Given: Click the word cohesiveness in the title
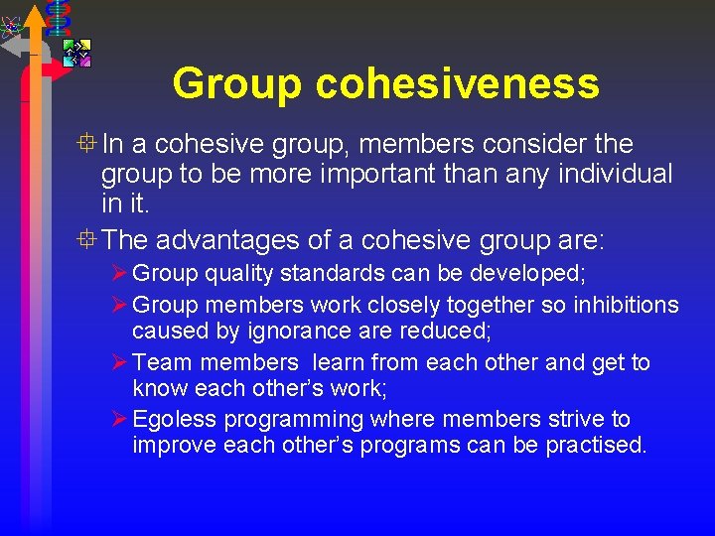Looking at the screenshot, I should pyautogui.click(x=458, y=83).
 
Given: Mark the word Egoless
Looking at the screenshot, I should pyautogui.click(x=172, y=420).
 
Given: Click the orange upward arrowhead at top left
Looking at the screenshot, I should pyautogui.click(x=34, y=14).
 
